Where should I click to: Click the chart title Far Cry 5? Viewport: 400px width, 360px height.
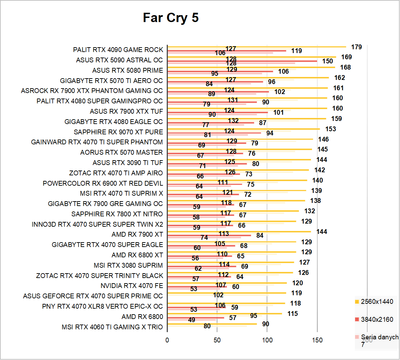pyautogui.click(x=171, y=18)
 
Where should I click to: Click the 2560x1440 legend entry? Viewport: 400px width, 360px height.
pyautogui.click(x=377, y=302)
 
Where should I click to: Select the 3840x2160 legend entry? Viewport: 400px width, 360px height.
pyautogui.click(x=377, y=320)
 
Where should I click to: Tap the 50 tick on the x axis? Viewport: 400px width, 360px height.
pyautogui.click(x=217, y=340)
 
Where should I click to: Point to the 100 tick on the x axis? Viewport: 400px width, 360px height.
pyautogui.click(x=267, y=340)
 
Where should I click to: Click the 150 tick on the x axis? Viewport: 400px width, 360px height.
pyautogui.click(x=317, y=340)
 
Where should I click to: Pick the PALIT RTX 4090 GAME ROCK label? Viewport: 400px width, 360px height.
pyautogui.click(x=118, y=50)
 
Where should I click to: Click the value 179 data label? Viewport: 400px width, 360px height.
pyautogui.click(x=357, y=47)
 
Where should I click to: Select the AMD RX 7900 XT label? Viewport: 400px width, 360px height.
pyautogui.click(x=137, y=235)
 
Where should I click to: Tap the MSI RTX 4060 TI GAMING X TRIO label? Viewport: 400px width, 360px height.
pyautogui.click(x=112, y=327)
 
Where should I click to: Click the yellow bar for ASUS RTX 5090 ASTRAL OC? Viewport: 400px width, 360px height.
pyautogui.click(x=252, y=57)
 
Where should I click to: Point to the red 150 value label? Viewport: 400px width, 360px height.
pyautogui.click(x=328, y=61)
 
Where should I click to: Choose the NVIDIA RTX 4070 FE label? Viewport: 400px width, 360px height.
pyautogui.click(x=132, y=286)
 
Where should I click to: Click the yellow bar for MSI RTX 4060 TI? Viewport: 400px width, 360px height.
pyautogui.click(x=212, y=324)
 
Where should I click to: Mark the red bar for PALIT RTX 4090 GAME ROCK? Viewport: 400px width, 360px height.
pyautogui.click(x=227, y=51)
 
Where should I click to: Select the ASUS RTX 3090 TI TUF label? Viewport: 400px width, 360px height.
pyautogui.click(x=127, y=163)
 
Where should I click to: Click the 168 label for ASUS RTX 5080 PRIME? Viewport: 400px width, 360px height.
pyautogui.click(x=346, y=68)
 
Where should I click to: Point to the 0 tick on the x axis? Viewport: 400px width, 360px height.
pyautogui.click(x=167, y=340)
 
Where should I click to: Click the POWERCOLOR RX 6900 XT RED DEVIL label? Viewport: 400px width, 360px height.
pyautogui.click(x=103, y=183)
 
